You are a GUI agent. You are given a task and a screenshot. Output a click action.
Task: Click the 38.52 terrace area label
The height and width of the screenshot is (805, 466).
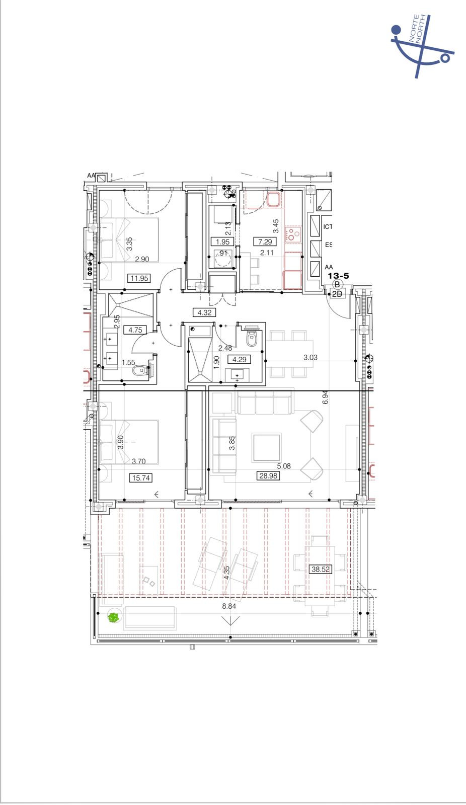pos(320,570)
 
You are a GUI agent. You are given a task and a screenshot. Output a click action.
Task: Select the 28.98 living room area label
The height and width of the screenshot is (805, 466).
pos(268,475)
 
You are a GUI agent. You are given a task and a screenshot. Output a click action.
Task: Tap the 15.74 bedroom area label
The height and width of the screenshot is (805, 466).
pos(140,478)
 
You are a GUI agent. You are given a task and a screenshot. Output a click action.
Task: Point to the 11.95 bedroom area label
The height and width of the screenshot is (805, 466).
pos(139,278)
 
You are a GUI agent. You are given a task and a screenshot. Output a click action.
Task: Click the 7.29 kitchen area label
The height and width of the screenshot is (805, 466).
pos(265,242)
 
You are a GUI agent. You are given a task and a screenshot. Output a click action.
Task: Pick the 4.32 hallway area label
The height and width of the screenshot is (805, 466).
pos(205,312)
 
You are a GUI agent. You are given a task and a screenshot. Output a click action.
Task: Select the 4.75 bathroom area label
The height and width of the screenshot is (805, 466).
pos(135,330)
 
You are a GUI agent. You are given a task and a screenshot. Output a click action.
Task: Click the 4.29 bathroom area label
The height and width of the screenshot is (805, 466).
pos(239,359)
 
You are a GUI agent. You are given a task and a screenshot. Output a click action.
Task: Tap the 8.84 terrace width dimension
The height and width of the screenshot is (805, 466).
pos(229,606)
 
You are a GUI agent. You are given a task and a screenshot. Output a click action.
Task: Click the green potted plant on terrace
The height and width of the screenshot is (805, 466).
pos(114,617)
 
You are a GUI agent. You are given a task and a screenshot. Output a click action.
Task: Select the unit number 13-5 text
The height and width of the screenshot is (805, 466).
pos(338,276)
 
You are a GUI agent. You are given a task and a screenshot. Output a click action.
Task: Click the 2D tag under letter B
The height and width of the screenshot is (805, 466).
pos(337,294)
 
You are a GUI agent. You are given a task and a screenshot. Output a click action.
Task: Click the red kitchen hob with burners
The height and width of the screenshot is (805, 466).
pos(293,234)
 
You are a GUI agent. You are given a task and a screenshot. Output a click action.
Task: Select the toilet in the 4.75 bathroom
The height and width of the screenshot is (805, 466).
pos(139,371)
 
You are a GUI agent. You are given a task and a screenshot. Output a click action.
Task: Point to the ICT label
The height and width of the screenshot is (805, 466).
pos(328,227)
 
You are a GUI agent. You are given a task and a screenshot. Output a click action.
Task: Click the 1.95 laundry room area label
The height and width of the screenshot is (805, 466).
pos(222,242)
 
